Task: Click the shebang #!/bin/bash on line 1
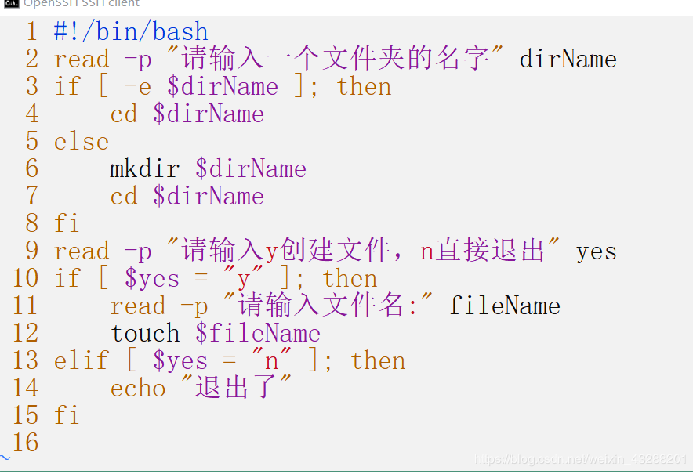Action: pos(131,31)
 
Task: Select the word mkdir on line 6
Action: pos(145,168)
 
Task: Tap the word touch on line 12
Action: pos(145,333)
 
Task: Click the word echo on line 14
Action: pos(138,389)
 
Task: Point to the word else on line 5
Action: pos(82,141)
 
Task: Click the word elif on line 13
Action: pos(82,360)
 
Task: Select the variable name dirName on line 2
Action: pos(568,59)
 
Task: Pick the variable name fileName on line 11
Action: pos(505,306)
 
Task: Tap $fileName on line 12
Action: pos(258,333)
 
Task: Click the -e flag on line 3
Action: pos(138,87)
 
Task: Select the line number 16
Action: pos(26,443)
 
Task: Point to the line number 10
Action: pos(26,278)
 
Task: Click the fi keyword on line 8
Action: pos(67,223)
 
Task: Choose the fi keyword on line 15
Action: pos(67,415)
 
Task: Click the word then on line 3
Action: pos(365,86)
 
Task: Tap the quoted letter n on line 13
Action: pos(271,362)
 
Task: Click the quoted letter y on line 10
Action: pos(244,280)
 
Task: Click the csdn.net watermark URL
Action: pos(581,459)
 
